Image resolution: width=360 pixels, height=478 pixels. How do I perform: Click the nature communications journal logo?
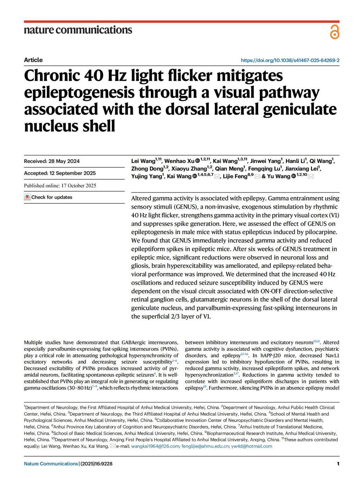[78, 30]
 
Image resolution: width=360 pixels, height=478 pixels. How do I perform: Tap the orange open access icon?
[335, 32]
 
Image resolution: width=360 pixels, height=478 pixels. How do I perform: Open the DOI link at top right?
[290, 60]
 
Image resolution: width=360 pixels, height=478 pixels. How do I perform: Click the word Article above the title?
[33, 60]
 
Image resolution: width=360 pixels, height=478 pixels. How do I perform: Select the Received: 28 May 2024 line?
[52, 161]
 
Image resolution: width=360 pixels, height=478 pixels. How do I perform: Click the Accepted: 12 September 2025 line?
[60, 173]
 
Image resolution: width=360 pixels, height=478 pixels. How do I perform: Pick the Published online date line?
[60, 186]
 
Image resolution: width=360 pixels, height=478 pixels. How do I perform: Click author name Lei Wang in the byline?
[143, 161]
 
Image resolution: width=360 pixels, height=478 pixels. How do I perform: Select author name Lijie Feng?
[235, 176]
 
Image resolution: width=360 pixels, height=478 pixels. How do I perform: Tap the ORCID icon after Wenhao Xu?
[197, 161]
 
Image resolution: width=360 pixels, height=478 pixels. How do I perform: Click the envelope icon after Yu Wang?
[311, 176]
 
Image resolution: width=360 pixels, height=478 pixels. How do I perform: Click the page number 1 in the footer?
[338, 464]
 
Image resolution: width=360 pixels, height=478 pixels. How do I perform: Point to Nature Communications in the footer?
[51, 464]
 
